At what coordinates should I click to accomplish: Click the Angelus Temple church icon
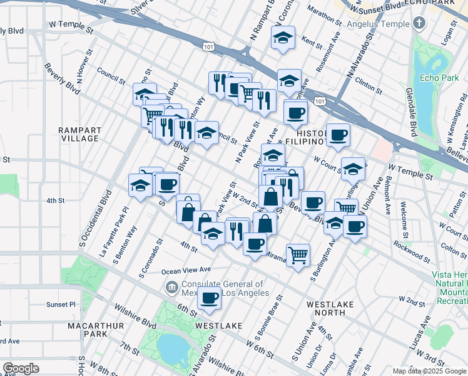click(x=419, y=24)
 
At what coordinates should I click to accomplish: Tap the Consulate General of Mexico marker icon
click(x=170, y=288)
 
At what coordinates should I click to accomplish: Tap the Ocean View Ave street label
click(x=186, y=270)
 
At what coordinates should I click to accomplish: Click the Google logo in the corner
click(x=22, y=368)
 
